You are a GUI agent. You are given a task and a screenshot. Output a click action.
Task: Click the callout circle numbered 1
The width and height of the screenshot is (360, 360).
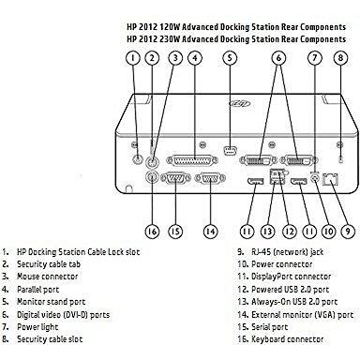point(133,58)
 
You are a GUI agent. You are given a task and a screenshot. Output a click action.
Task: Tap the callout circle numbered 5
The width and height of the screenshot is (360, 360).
point(230,58)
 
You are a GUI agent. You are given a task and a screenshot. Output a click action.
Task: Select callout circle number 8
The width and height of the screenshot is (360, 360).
point(340,58)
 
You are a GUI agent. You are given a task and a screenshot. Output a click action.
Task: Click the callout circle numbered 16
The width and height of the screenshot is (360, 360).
point(152,232)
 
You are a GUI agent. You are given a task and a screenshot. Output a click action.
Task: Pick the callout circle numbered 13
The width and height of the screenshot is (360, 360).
point(267,232)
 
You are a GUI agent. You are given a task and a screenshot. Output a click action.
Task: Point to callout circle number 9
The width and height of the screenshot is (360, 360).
point(348,232)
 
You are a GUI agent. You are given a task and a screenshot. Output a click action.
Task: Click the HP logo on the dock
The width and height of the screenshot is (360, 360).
point(240,103)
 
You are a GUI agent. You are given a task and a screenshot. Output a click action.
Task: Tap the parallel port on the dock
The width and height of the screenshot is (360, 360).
point(192,160)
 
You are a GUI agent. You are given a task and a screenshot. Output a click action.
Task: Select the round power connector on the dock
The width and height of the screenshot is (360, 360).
point(316,178)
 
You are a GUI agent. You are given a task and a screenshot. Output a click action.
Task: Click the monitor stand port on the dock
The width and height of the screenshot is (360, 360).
point(231,151)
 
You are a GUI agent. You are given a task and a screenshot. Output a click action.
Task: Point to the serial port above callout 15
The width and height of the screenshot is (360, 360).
point(175,178)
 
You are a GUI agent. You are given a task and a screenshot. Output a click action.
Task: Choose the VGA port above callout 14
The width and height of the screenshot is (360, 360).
point(210,178)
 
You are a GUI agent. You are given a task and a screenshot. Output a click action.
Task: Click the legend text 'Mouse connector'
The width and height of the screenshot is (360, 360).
point(47,277)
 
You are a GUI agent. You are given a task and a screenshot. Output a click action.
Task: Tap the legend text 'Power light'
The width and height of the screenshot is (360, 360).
point(37,327)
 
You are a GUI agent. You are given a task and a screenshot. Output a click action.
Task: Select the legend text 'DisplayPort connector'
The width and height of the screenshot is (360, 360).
point(291,277)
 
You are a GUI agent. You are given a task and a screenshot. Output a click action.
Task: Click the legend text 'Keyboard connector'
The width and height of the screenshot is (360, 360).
point(287,339)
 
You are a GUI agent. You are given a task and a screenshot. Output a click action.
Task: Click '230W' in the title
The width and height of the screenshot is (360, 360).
point(170,39)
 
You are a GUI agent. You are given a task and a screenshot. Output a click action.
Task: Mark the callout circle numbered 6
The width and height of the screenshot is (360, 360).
point(278,58)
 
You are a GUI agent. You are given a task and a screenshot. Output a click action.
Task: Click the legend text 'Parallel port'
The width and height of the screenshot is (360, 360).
point(37,290)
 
